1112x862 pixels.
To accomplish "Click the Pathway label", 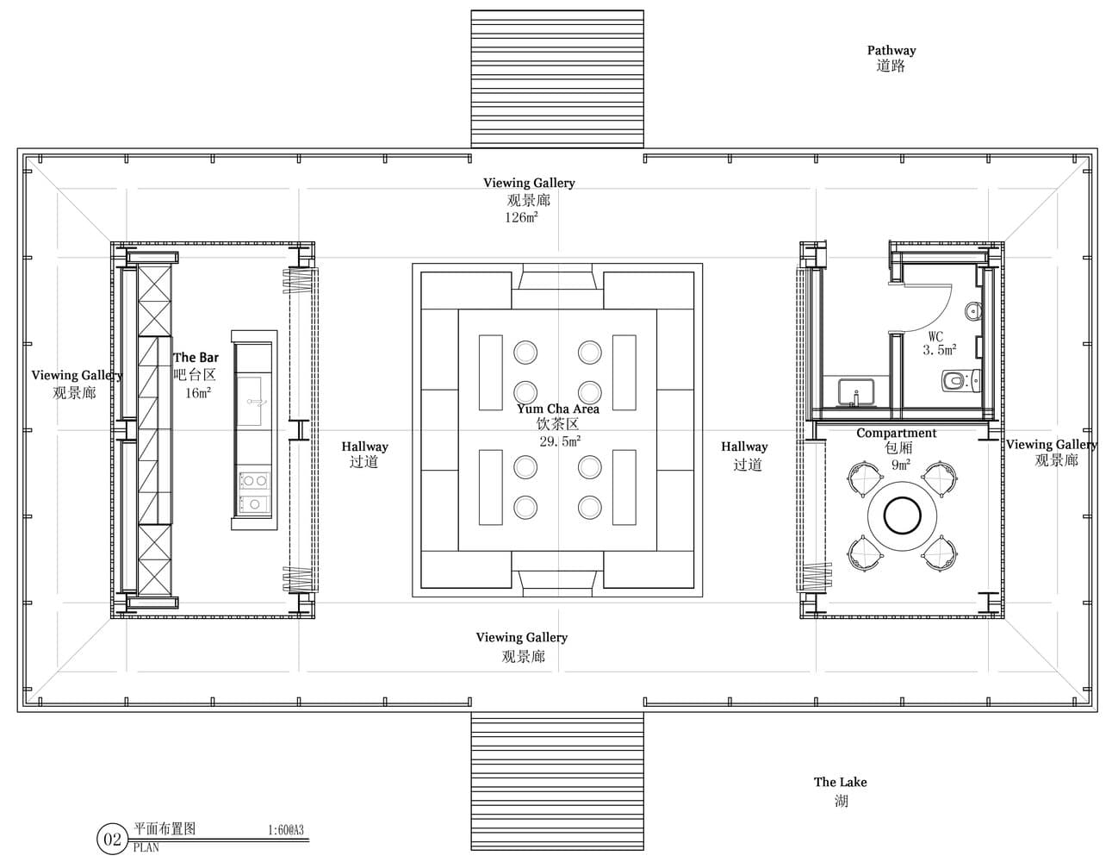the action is [x=891, y=50].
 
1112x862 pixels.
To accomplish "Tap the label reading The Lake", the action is [x=841, y=782].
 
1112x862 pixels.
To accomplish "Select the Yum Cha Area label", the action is [x=557, y=409].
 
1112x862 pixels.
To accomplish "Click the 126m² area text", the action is [x=521, y=217].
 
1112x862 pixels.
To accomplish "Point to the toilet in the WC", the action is [x=961, y=381].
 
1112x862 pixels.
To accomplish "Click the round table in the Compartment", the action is [x=902, y=516].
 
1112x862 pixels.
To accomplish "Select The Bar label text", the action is [x=196, y=357].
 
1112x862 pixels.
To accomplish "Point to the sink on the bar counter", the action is [x=250, y=402].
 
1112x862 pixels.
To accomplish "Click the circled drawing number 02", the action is [x=113, y=840].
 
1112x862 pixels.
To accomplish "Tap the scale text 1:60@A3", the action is [x=286, y=830].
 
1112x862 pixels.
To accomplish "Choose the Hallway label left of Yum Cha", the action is [x=364, y=447].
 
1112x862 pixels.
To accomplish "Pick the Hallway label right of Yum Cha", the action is [x=744, y=447].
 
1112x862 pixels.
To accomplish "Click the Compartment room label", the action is [x=896, y=433].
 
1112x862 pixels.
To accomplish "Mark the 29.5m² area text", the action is [x=560, y=441].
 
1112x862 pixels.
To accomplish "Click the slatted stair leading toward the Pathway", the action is [x=557, y=78].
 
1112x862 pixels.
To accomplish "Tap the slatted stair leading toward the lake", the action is [x=557, y=782].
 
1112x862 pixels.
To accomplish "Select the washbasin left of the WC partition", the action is [x=856, y=392].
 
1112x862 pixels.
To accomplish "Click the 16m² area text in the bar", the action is [x=198, y=393].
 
